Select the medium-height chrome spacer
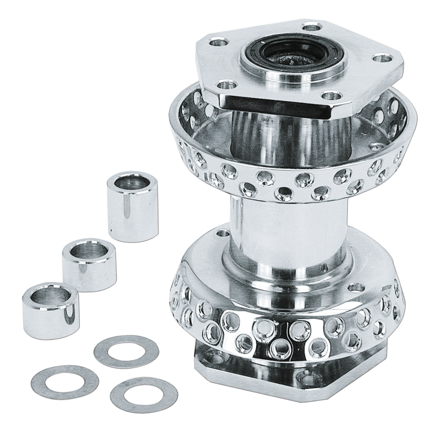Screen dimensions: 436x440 click(89, 263)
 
